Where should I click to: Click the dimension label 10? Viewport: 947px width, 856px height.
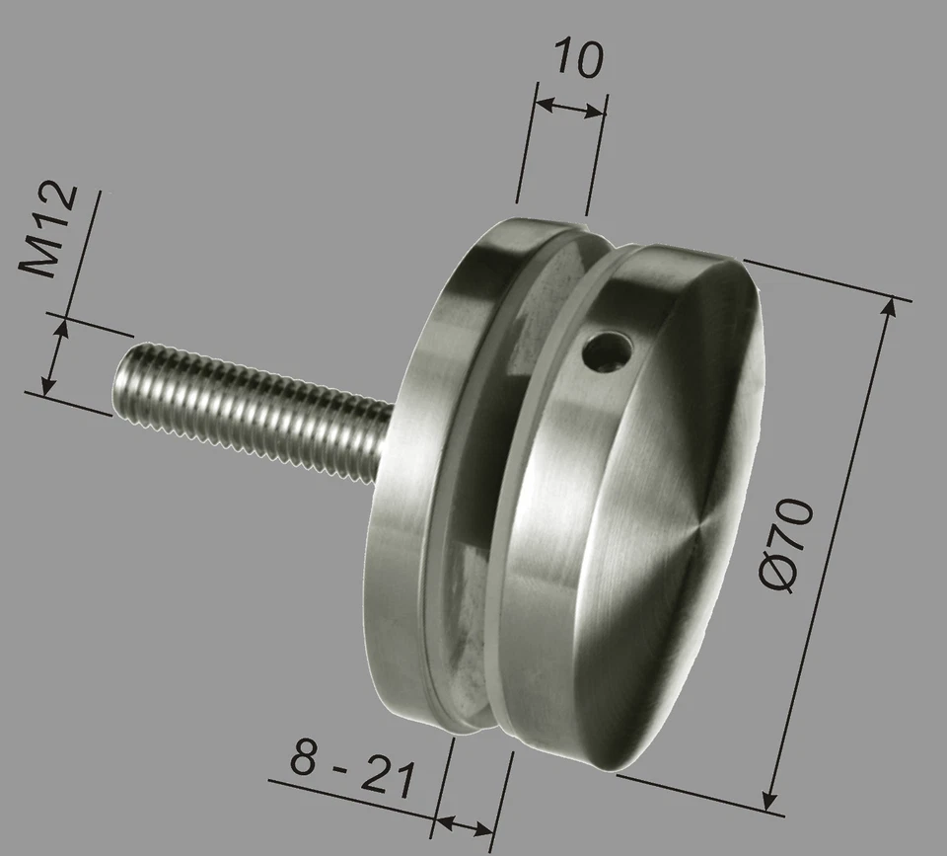tap(576, 58)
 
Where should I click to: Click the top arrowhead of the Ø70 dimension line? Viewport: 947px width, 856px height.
tap(892, 308)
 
